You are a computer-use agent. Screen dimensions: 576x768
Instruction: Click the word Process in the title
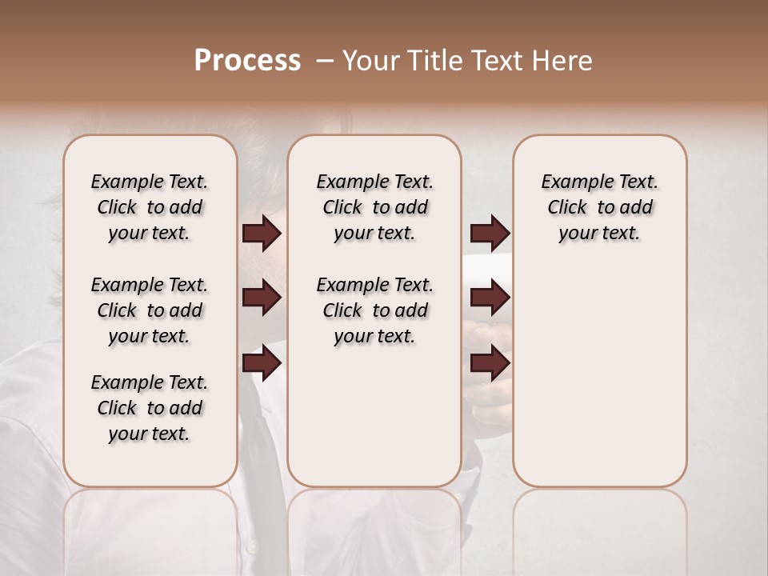[x=247, y=61]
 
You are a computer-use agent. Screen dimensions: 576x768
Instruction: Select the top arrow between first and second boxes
[x=262, y=234]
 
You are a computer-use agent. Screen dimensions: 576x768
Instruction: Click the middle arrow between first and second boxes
[x=262, y=298]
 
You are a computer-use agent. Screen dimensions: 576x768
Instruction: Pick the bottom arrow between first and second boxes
[x=262, y=362]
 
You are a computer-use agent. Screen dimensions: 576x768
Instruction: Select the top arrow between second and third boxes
[x=490, y=234]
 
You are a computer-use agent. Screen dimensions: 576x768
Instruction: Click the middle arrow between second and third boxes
[x=490, y=298]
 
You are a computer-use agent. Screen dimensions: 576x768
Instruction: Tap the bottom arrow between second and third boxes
[x=490, y=362]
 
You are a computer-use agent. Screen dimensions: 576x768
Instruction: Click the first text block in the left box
[x=150, y=207]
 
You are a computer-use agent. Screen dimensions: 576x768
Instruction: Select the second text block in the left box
[x=150, y=310]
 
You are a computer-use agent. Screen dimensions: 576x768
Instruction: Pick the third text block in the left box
[x=150, y=408]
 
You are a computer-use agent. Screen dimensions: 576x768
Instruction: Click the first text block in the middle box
[x=374, y=207]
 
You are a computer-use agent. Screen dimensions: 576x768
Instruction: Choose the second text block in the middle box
[x=374, y=310]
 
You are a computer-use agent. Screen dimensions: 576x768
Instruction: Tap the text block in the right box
[x=600, y=207]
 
